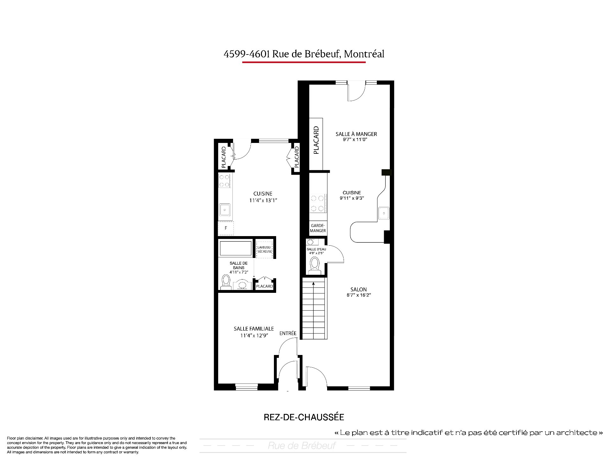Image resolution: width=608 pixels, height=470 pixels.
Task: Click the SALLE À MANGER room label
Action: pos(356,134)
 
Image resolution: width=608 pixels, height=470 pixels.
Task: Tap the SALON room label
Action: pos(358,289)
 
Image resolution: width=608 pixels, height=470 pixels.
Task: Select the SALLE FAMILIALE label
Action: pos(254,329)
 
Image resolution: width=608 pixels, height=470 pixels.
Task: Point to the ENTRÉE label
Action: pos(288,333)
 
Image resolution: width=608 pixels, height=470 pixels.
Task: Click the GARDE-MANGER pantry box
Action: pos(318,228)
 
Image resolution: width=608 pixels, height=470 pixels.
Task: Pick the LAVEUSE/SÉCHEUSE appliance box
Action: pos(264,249)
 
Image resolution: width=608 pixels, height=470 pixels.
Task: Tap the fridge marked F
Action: pos(226,228)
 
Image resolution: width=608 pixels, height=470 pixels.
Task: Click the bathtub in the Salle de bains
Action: pos(236,248)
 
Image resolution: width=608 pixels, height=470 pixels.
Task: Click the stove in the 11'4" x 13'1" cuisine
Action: pos(225,181)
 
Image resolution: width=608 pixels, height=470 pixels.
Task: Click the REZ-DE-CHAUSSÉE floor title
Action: pos(304,417)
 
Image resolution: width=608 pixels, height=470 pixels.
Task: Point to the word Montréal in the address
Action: pos(364,54)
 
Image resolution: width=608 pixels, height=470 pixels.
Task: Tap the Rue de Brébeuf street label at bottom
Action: pos(302,446)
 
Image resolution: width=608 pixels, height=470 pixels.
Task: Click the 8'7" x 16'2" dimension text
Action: pos(359,295)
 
